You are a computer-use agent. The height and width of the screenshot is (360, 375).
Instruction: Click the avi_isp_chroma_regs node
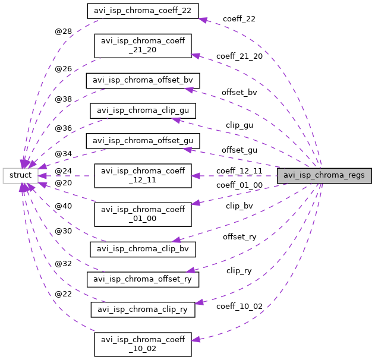(324, 175)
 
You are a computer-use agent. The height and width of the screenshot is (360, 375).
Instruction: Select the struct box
(21, 175)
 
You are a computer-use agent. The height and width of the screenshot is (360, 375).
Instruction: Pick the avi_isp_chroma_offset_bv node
(143, 80)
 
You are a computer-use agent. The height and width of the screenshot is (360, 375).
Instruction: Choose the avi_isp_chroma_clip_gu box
(143, 110)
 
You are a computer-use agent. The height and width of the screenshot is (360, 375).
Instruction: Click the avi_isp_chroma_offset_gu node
(143, 141)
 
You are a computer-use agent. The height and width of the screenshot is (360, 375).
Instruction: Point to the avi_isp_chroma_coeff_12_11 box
(143, 175)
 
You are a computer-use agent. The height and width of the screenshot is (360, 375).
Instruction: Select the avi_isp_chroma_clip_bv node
(143, 248)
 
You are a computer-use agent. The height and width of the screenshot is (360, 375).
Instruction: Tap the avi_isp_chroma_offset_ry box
(143, 278)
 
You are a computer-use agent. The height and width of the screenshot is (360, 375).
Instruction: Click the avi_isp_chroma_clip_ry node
(143, 309)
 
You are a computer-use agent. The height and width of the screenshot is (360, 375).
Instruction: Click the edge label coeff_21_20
(240, 56)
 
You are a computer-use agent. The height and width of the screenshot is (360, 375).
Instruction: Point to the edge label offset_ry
(240, 237)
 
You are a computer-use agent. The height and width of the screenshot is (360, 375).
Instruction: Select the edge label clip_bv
(240, 206)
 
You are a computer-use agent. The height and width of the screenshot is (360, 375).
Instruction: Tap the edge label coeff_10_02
(240, 306)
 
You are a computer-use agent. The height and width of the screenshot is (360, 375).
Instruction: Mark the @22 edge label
(63, 294)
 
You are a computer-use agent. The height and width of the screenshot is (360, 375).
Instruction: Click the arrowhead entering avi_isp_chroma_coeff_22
(202, 19)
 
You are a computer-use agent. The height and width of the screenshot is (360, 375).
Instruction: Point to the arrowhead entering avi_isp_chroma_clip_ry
(199, 303)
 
